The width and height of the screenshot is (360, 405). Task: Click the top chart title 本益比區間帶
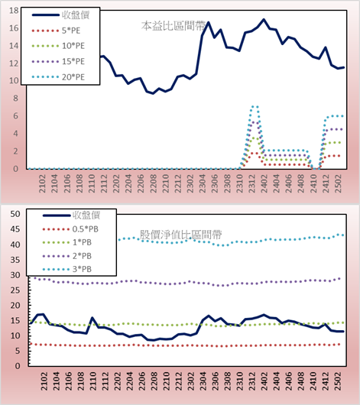point(174,26)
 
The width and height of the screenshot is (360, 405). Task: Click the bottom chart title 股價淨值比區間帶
point(181,235)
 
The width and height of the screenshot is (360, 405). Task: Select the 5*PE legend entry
point(56,31)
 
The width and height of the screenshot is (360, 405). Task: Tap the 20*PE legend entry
point(58,77)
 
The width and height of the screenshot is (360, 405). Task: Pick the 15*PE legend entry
point(58,61)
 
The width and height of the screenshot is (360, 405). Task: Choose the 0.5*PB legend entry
point(70,229)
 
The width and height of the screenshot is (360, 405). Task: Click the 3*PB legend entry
point(67,269)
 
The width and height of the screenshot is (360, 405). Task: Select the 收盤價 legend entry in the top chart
point(60,15)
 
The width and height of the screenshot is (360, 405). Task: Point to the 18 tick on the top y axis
point(15,11)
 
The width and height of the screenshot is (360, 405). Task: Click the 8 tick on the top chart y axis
point(16,99)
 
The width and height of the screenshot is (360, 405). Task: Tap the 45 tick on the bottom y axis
point(15,229)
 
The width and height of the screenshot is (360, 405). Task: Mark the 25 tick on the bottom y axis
point(15,290)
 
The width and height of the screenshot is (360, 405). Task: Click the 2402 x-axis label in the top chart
point(264,183)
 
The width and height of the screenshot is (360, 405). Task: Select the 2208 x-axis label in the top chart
point(154,183)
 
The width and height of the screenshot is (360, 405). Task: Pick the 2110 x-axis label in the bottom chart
point(92,381)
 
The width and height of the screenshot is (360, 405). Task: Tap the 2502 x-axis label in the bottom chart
point(338,381)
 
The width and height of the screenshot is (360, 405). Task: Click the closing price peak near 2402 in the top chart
point(264,19)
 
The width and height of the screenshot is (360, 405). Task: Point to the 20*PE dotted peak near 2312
point(255,106)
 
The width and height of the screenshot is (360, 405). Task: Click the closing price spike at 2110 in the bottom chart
point(92,318)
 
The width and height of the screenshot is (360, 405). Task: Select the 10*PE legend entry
point(58,46)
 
